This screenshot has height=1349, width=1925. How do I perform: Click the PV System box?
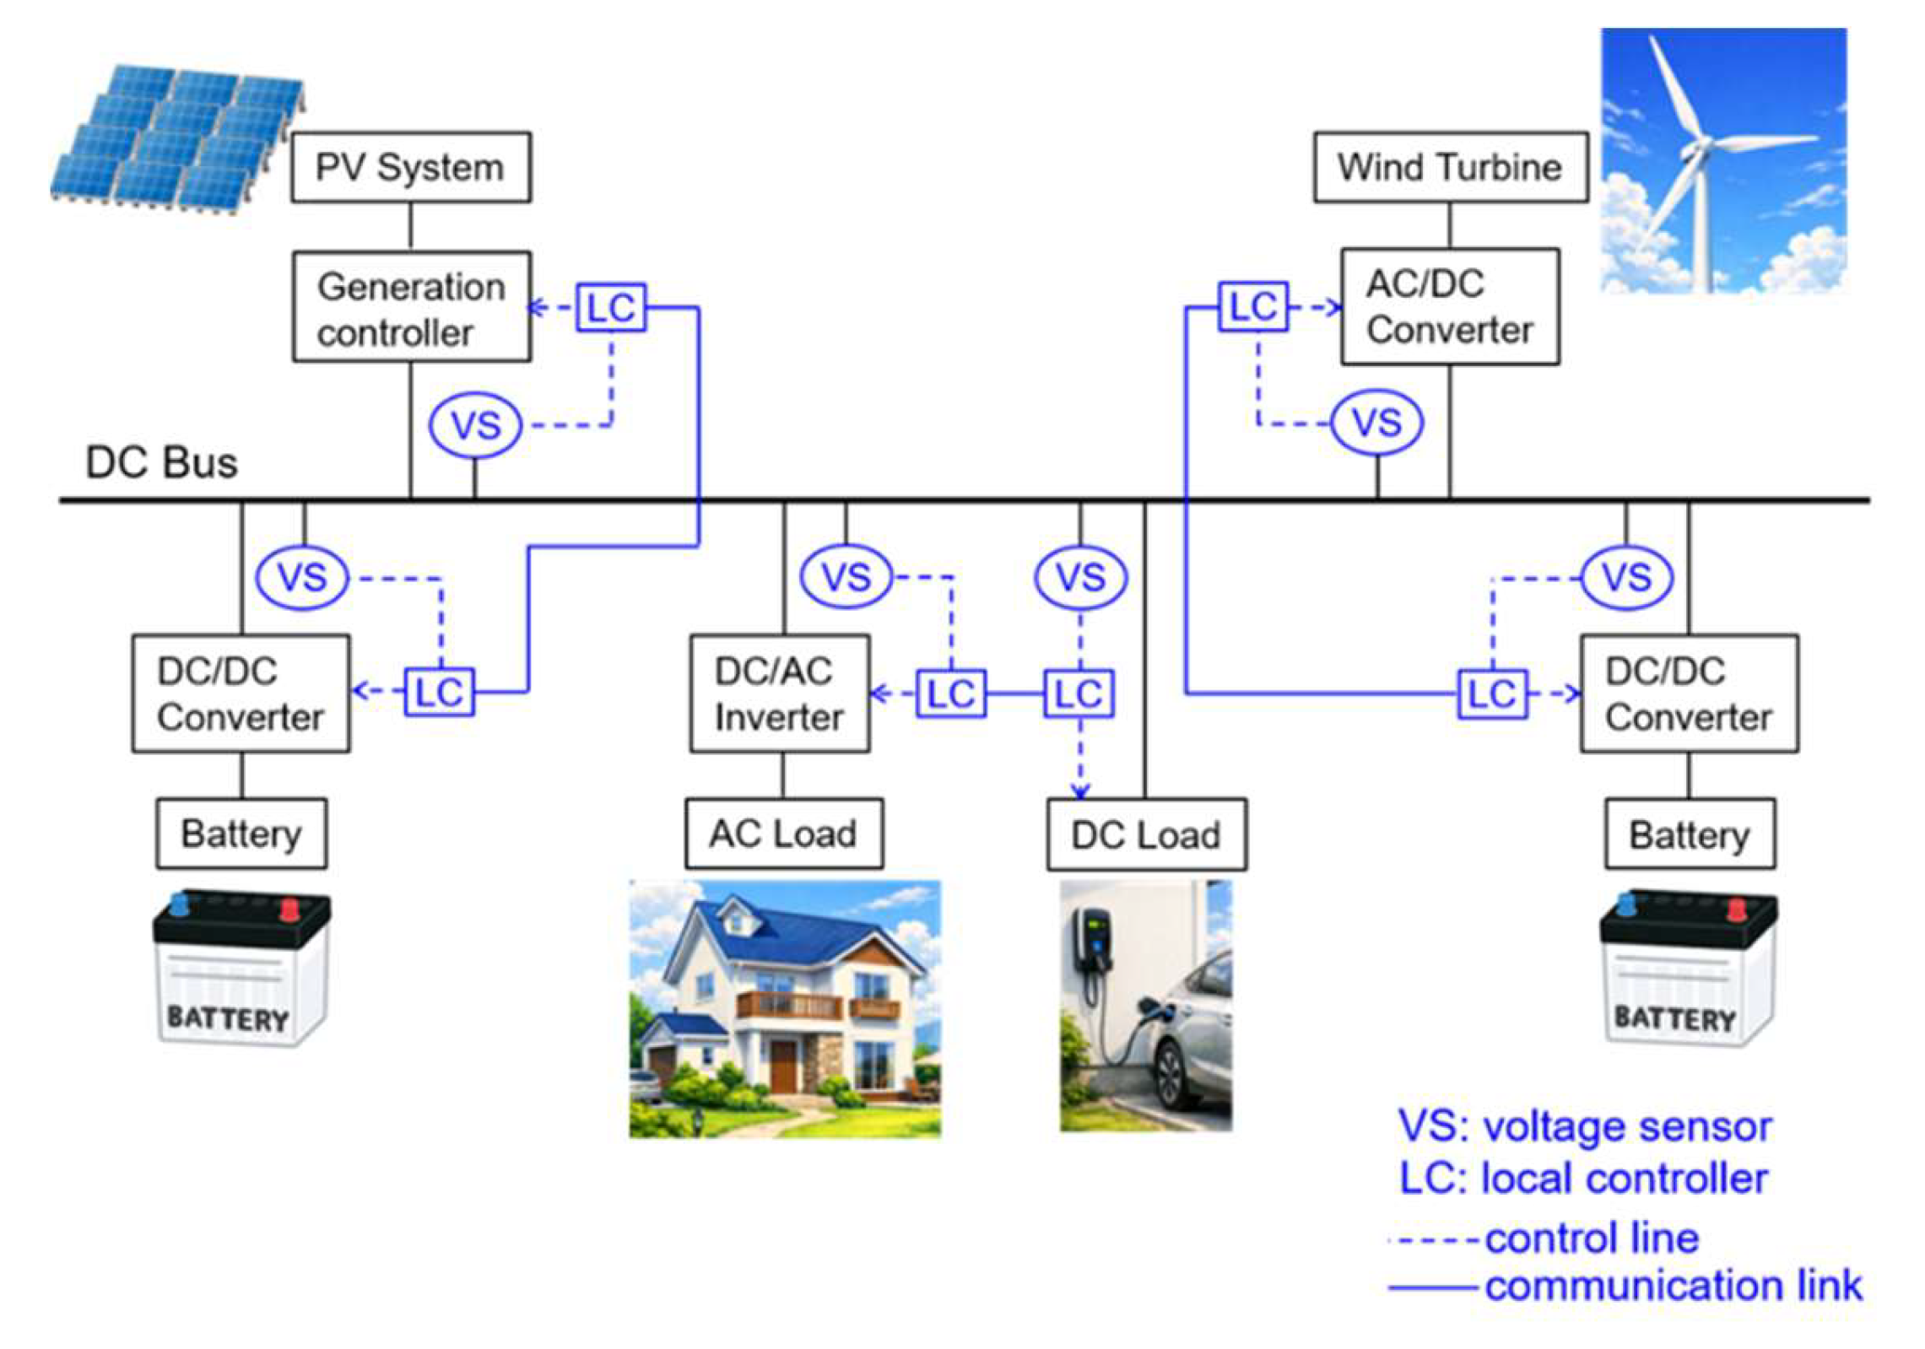pyautogui.click(x=411, y=167)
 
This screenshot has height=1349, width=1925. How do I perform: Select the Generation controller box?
pyautogui.click(x=411, y=307)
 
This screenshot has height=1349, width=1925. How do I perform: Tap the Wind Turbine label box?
pyautogui.click(x=1450, y=167)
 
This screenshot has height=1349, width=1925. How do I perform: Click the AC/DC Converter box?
pyautogui.click(x=1450, y=306)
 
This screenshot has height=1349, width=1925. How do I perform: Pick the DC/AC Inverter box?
pyautogui.click(x=780, y=693)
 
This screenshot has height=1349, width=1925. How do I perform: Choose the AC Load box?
pyautogui.click(x=784, y=834)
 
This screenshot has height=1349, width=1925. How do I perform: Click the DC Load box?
pyautogui.click(x=1146, y=834)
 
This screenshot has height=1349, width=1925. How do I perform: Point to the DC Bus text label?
pyautogui.click(x=162, y=462)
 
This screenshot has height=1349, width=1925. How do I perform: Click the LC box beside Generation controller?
pyautogui.click(x=611, y=307)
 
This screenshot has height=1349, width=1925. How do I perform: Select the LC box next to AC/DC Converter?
pyautogui.click(x=1253, y=306)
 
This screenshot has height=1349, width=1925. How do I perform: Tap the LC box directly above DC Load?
pyautogui.click(x=1079, y=693)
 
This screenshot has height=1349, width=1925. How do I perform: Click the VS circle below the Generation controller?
pyautogui.click(x=475, y=424)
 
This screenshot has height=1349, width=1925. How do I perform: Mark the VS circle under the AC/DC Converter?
pyautogui.click(x=1376, y=423)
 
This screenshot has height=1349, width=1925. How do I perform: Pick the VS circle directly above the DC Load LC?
pyautogui.click(x=1080, y=578)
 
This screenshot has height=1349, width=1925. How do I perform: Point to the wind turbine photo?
pyautogui.click(x=1723, y=160)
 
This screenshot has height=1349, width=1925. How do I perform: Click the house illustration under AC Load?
pyautogui.click(x=785, y=1009)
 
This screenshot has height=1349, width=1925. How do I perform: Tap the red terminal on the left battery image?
pyautogui.click(x=289, y=909)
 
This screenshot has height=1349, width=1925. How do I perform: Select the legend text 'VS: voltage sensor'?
pyautogui.click(x=1584, y=1126)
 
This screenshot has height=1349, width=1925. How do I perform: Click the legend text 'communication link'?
pyautogui.click(x=1673, y=1286)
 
